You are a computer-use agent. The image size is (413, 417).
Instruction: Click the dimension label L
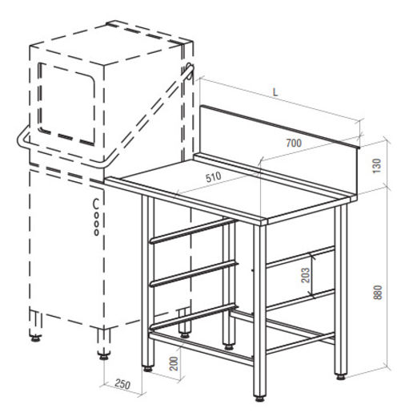[x=275, y=92]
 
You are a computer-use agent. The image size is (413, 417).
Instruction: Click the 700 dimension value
[x=294, y=143]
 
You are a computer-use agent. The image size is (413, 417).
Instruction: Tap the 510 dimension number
[x=214, y=176]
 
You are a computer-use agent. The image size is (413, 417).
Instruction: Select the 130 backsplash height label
[x=377, y=166]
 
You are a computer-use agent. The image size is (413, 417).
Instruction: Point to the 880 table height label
[x=378, y=292]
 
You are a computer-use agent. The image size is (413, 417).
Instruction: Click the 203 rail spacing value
[x=305, y=275]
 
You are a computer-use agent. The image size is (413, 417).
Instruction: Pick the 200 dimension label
[x=174, y=363]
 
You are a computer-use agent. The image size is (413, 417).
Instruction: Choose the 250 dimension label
[x=122, y=384]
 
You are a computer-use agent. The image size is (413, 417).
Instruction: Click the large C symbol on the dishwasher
[x=95, y=204]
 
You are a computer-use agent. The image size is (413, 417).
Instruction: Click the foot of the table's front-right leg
[x=259, y=399]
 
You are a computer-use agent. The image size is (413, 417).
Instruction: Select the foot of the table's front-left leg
[x=147, y=369]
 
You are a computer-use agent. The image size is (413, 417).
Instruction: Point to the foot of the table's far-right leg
[x=341, y=377]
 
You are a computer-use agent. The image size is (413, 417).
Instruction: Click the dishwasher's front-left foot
[x=35, y=338]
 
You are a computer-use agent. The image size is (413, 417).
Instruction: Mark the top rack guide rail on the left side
[x=194, y=230]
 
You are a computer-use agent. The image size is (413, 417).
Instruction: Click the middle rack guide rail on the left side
[x=194, y=274]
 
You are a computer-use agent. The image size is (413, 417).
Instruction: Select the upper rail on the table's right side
[x=300, y=257]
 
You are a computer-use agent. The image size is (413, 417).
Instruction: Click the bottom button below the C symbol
[x=96, y=233]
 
